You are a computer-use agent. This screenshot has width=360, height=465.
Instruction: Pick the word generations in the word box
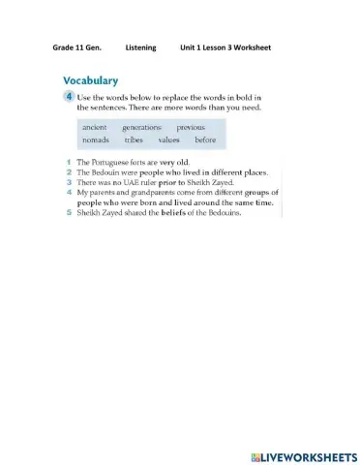tap(141, 127)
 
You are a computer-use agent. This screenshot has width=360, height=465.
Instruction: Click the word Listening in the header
tap(141, 47)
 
